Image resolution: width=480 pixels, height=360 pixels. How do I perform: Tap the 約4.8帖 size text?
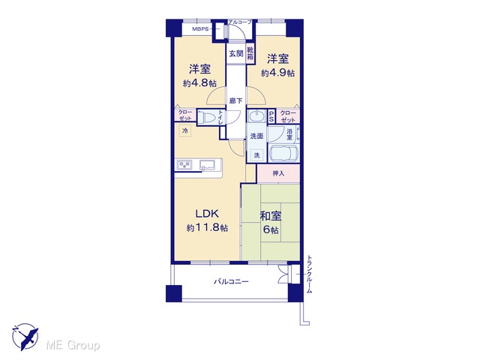pos(199,83)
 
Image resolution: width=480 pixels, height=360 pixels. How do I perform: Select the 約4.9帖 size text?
pos(278,73)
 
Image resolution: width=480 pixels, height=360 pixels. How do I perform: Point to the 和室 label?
pos(271,216)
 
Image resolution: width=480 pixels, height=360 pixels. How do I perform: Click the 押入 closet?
pos(278,173)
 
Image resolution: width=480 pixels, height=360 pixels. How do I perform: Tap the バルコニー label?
pos(231,281)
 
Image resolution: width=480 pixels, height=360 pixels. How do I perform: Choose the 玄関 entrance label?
pos(236,53)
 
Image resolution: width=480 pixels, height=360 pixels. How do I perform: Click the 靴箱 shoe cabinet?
pos(250,53)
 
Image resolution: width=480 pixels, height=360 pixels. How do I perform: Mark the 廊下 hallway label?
pos(236,100)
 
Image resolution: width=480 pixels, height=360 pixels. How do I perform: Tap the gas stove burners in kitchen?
pos(184,165)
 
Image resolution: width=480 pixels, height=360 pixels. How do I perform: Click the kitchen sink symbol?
pos(208,165)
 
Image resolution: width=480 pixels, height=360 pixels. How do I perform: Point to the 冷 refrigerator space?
pos(185,130)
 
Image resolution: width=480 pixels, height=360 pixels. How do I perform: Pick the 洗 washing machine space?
pos(256,155)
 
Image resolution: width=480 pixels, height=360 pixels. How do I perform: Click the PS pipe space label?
pos(271,116)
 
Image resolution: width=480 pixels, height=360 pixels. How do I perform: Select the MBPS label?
pos(200,29)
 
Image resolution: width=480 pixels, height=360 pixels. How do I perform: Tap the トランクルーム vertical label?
pos(310,274)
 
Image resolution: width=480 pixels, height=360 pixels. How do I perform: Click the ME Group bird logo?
pos(25,337)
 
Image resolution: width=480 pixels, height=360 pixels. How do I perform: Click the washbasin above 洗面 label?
pos(256,117)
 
